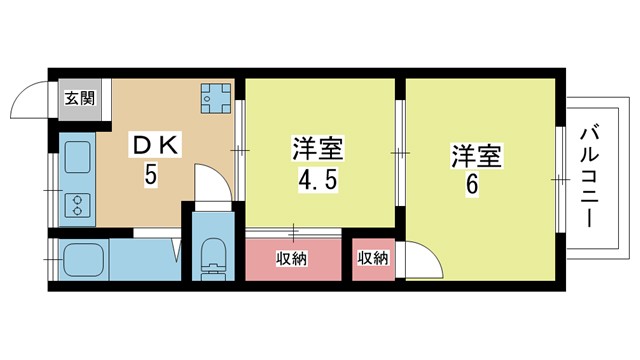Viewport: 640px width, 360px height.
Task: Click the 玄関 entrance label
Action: tap(80, 98)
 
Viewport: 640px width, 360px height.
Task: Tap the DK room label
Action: tap(155, 145)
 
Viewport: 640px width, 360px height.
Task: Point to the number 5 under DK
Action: tap(150, 176)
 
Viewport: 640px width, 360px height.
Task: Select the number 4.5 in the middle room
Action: tap(318, 180)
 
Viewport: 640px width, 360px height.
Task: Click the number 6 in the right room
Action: tap(471, 186)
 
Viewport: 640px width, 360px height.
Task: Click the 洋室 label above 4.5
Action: tap(318, 149)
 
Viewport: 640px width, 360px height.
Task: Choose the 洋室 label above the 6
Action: tap(476, 156)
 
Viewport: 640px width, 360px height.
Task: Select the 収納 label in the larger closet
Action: tap(291, 258)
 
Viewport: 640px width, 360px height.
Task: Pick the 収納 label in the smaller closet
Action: tap(373, 258)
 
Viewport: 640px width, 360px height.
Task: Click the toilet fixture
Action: tap(214, 260)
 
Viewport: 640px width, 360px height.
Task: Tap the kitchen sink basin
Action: tap(78, 157)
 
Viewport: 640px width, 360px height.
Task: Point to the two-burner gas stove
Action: tap(78, 205)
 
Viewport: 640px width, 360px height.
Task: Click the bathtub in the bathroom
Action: tap(84, 260)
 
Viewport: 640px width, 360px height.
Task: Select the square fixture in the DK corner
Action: tap(216, 98)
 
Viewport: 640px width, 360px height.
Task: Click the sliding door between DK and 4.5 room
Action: tap(240, 151)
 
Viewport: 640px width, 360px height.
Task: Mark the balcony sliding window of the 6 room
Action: tap(560, 180)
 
